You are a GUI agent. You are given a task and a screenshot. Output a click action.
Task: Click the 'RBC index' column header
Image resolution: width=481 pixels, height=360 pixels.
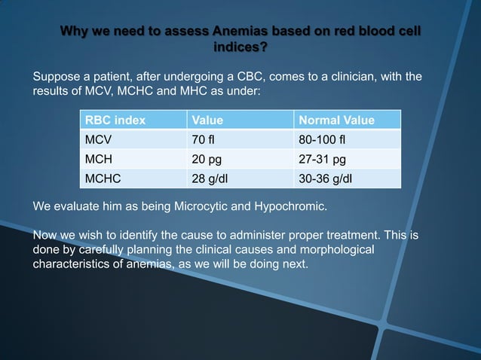(x=115, y=121)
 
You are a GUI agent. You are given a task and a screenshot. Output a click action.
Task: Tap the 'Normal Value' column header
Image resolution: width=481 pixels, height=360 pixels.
(x=336, y=121)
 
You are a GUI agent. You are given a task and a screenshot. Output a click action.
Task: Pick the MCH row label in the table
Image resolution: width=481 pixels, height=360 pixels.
(x=99, y=160)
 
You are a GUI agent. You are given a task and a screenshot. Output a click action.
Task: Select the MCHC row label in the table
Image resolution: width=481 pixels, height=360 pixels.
(x=103, y=179)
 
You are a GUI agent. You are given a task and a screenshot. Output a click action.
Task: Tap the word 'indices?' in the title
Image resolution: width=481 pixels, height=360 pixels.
(x=240, y=48)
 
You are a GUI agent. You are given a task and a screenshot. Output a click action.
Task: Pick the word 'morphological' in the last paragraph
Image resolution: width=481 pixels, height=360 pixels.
(x=337, y=249)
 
